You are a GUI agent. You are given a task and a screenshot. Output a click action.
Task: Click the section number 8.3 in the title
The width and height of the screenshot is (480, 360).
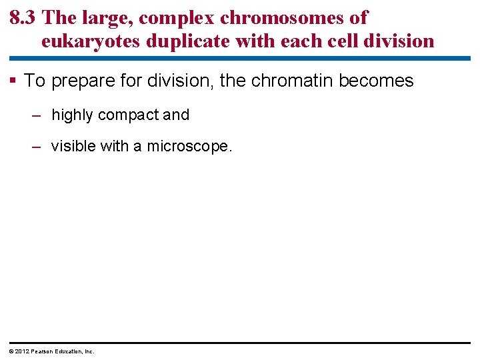(23, 18)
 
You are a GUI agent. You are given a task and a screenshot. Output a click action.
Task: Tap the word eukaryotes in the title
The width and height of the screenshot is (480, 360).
(91, 41)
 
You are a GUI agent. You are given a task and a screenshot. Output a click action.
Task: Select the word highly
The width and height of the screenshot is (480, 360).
(72, 115)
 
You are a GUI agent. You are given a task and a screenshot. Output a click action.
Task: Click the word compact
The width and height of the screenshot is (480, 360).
(127, 115)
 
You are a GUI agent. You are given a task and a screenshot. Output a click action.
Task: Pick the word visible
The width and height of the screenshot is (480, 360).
(73, 146)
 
